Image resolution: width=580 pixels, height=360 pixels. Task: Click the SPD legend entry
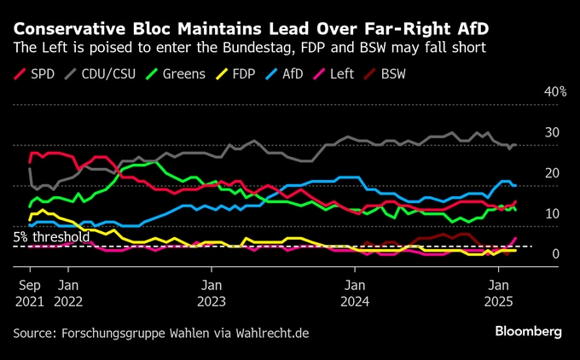(33, 73)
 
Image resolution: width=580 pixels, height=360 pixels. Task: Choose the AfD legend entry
(304, 73)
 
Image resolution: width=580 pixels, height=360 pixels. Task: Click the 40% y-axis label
(555, 91)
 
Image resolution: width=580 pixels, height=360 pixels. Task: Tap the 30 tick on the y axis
(553, 132)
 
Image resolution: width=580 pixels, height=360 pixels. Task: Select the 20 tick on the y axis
(553, 172)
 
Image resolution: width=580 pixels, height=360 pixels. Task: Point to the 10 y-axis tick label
(553, 213)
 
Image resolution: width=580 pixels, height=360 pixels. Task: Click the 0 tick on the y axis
(556, 254)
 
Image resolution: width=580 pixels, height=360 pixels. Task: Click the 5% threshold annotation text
(50, 236)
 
